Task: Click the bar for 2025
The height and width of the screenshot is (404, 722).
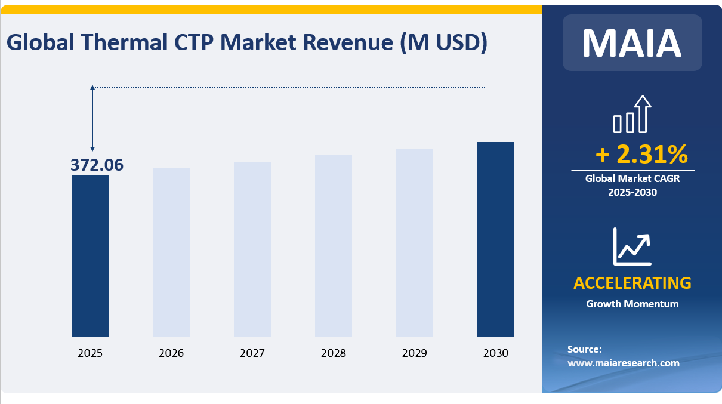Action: point(90,255)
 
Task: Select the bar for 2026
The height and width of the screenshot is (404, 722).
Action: point(171,252)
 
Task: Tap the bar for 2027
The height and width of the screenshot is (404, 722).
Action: point(252,249)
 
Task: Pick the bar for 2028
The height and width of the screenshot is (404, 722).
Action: point(334,245)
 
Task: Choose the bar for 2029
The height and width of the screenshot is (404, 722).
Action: point(415,242)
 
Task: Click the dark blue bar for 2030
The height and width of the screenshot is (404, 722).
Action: point(496,239)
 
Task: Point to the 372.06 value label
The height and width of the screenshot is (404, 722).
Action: point(97,165)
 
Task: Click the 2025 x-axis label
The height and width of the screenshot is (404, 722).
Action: point(90,353)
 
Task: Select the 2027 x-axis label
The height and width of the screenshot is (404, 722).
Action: point(252,353)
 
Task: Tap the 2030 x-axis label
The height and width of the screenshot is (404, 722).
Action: point(496,353)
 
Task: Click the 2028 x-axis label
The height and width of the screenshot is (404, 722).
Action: point(334,353)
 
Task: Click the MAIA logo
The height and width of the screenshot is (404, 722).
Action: point(632,42)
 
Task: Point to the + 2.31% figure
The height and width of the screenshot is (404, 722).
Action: point(641,155)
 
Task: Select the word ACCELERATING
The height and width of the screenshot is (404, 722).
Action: point(632,283)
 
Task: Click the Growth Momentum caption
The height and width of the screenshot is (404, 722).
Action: point(632,304)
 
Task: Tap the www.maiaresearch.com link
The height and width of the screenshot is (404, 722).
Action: point(623,363)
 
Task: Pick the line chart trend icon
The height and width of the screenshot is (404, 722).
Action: point(632,246)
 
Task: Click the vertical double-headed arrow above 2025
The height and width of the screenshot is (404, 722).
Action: point(92,118)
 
